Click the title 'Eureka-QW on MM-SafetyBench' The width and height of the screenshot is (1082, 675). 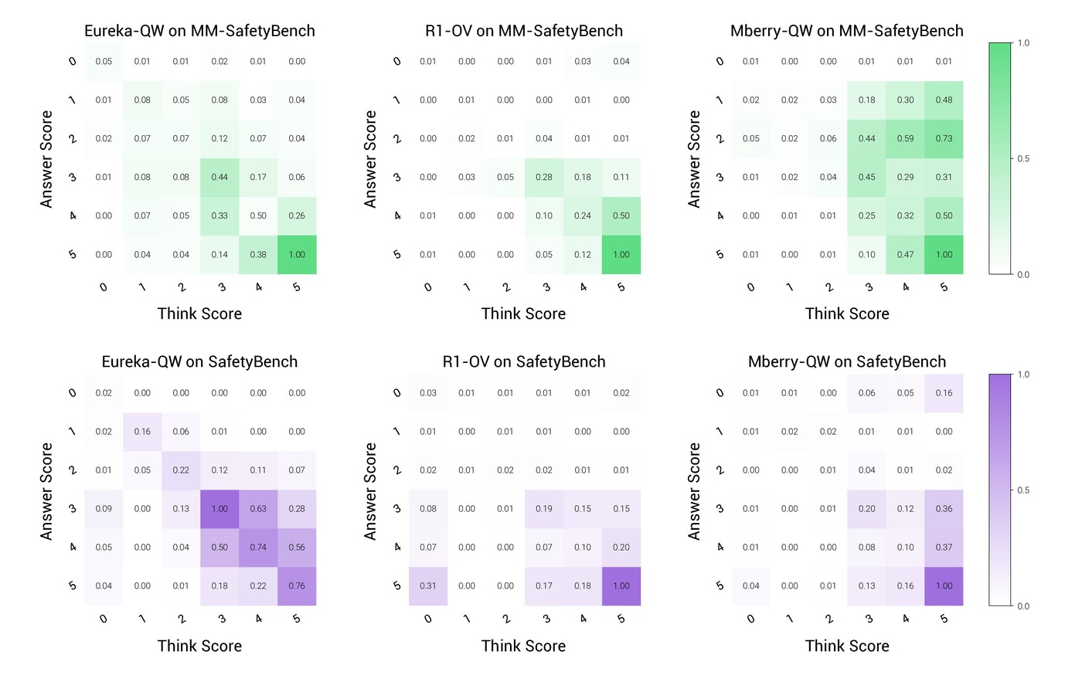click(199, 31)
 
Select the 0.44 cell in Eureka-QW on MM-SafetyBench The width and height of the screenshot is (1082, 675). click(219, 177)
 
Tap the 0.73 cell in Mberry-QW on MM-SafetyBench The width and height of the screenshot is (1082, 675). click(944, 138)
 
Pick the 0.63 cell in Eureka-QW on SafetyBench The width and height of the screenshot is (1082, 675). click(258, 509)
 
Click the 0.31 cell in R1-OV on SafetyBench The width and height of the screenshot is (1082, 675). click(428, 586)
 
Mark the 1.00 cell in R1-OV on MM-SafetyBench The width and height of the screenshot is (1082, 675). click(621, 254)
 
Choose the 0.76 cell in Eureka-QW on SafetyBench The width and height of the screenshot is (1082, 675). click(297, 586)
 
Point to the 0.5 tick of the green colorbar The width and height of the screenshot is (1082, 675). click(1023, 159)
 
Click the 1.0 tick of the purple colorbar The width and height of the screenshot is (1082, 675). click(1023, 375)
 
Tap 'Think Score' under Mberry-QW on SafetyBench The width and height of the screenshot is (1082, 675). click(847, 646)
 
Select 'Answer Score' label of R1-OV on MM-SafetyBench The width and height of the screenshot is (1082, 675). click(370, 159)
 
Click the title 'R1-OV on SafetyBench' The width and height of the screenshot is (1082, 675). click(524, 361)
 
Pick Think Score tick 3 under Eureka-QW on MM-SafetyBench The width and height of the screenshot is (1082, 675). click(222, 287)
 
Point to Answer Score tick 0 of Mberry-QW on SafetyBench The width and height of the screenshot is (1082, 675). click(720, 393)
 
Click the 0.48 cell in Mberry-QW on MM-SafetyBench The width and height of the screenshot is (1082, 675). click(944, 100)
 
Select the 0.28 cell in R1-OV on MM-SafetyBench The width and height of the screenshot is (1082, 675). click(544, 177)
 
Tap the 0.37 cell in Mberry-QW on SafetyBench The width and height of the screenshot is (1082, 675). click(944, 548)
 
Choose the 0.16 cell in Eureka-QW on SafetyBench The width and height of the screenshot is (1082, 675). click(142, 432)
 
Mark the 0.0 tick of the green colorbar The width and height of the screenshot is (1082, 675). click(1023, 275)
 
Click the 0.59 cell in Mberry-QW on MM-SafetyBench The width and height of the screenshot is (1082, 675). click(905, 138)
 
